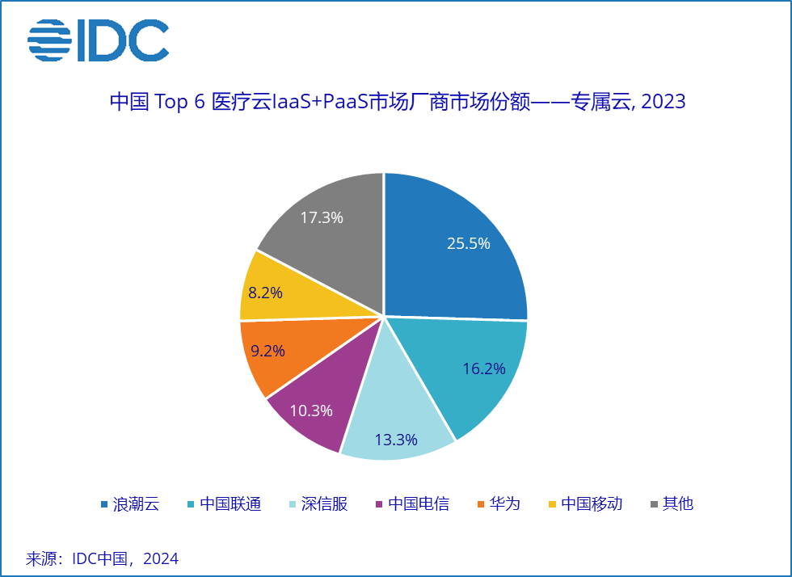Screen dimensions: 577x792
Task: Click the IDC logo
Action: [x=99, y=40]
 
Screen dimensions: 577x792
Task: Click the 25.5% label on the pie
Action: [x=469, y=243]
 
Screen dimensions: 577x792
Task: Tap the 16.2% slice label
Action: [x=484, y=369]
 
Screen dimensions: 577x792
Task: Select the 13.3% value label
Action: [x=396, y=440]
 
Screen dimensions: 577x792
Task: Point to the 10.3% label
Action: [x=311, y=411]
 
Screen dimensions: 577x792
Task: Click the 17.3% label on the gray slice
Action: [x=322, y=217]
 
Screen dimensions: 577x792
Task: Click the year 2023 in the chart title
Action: [x=663, y=103]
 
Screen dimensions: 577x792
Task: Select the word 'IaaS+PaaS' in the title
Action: [x=320, y=103]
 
